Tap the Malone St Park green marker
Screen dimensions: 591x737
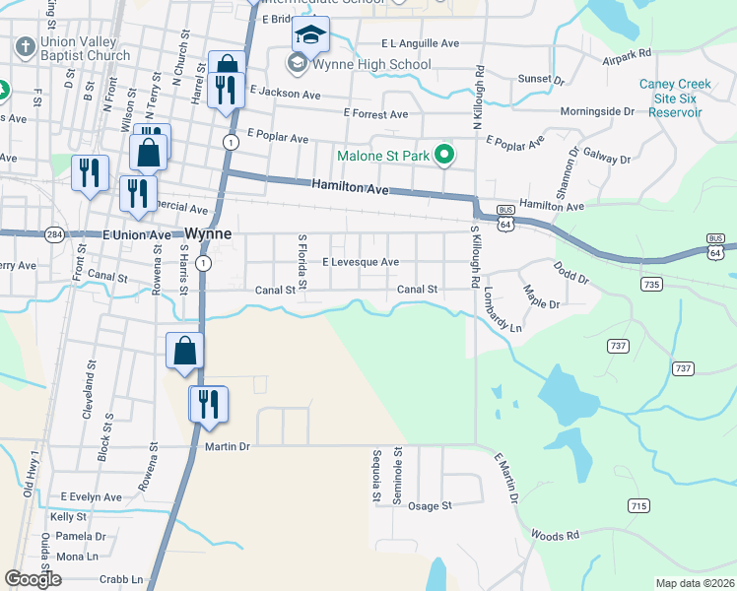pyautogui.click(x=444, y=155)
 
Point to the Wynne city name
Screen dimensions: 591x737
pyautogui.click(x=208, y=234)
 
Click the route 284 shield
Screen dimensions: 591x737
pyautogui.click(x=54, y=234)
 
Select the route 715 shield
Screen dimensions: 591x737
pyautogui.click(x=638, y=505)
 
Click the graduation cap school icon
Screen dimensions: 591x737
pyautogui.click(x=310, y=36)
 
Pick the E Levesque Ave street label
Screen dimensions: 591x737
pyautogui.click(x=361, y=262)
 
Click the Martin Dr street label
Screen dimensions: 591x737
pyautogui.click(x=228, y=446)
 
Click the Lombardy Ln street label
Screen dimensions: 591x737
pyautogui.click(x=502, y=310)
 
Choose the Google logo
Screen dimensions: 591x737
pyautogui.click(x=33, y=579)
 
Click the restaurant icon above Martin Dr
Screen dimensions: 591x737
pyautogui.click(x=208, y=404)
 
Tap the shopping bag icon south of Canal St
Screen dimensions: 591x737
pyautogui.click(x=184, y=351)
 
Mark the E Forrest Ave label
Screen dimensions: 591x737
pyautogui.click(x=375, y=114)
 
